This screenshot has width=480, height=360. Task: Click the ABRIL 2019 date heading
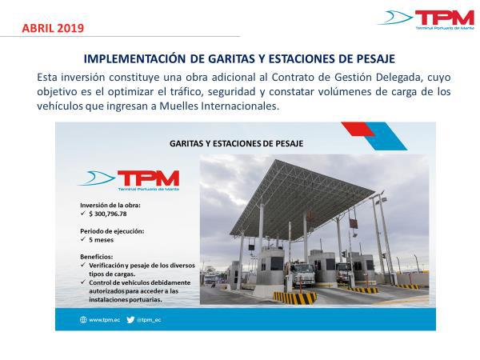pos(53,28)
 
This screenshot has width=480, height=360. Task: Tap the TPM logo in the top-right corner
pos(426,19)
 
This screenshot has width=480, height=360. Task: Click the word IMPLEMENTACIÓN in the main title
pos(134,58)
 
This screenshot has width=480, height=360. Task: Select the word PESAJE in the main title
pos(376,58)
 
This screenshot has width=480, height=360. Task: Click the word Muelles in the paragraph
pos(178,106)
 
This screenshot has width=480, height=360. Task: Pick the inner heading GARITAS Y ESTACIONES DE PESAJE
pos(236,143)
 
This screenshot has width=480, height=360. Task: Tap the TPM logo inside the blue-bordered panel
pos(128,181)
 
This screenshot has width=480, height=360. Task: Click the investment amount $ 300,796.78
pos(108,214)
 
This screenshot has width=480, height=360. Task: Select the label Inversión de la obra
pos(110,205)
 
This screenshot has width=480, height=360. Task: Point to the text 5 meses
pos(101,240)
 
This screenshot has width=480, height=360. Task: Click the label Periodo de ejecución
pos(112,231)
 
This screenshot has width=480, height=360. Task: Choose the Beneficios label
pos(97,257)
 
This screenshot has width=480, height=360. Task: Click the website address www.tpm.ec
pos(104,320)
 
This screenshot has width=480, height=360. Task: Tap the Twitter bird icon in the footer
pos(130,320)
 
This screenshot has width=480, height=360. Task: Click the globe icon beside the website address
pos(83,320)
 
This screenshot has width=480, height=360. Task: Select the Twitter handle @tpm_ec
pos(149,320)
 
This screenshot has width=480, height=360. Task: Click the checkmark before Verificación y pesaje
pos(82,265)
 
